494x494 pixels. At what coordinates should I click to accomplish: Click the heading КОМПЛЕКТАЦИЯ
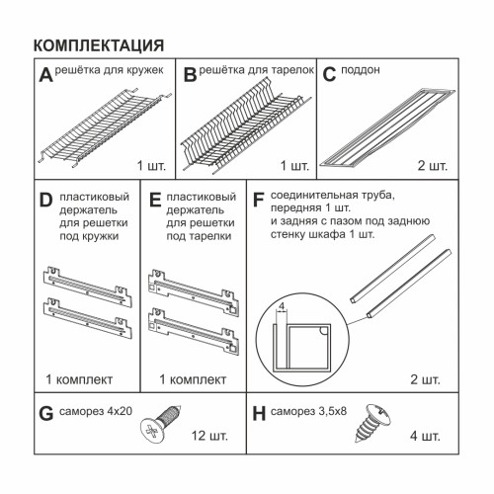(x=99, y=45)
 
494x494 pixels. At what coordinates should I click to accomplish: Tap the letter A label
(x=45, y=75)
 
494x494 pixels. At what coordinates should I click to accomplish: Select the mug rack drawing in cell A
(x=105, y=128)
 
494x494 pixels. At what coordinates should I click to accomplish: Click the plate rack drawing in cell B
(x=245, y=125)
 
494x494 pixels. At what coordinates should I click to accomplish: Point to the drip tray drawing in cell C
(x=387, y=127)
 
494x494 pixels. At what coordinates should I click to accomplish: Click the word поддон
(x=361, y=70)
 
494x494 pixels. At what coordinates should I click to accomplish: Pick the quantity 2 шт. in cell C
(x=433, y=165)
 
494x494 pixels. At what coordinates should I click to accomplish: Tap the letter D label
(x=45, y=200)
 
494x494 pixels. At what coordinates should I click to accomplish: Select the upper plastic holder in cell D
(x=88, y=287)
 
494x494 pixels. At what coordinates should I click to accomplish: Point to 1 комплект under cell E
(x=193, y=379)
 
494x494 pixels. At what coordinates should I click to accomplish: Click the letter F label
(x=259, y=200)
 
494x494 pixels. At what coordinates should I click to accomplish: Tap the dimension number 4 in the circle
(x=282, y=306)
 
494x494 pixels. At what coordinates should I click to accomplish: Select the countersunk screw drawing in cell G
(x=161, y=424)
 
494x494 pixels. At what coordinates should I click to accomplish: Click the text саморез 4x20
(x=96, y=411)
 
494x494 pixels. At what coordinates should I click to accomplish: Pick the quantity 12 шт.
(x=209, y=436)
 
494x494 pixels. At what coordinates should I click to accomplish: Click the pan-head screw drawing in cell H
(x=373, y=422)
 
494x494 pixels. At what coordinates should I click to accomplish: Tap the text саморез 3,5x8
(x=308, y=411)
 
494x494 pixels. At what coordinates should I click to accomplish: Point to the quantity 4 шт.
(x=425, y=436)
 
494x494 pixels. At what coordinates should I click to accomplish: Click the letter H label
(x=259, y=414)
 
